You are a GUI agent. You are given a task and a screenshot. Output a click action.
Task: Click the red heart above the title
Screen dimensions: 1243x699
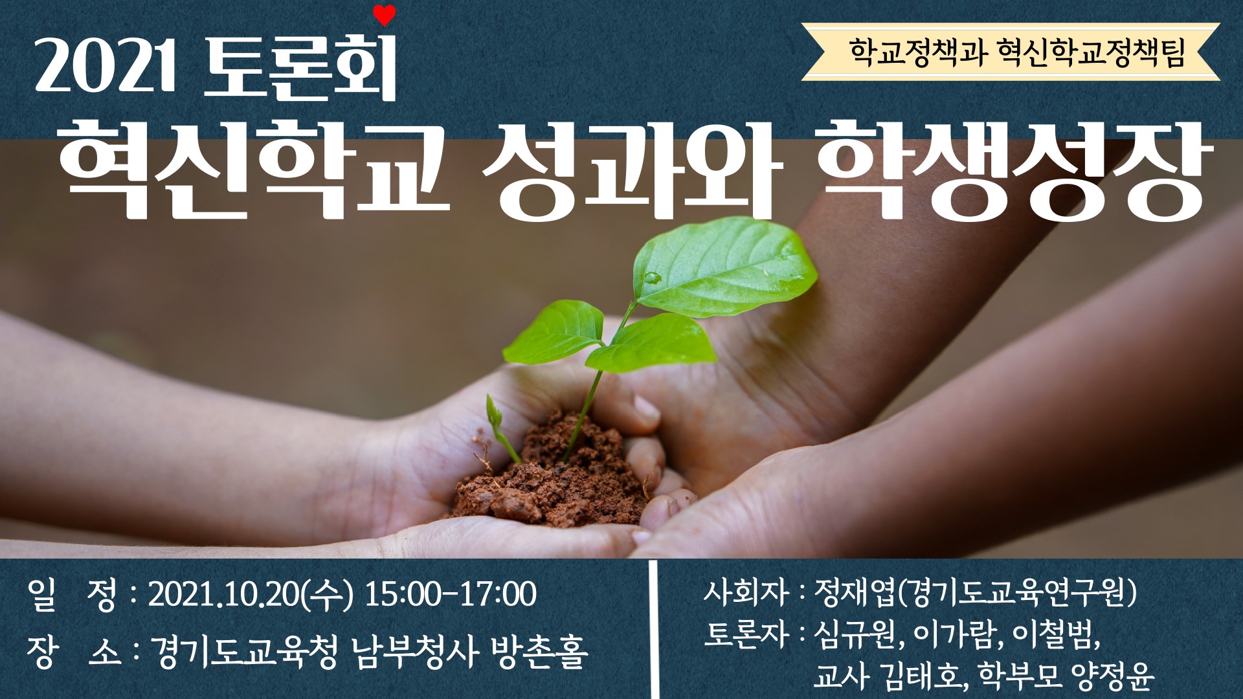point(385,15)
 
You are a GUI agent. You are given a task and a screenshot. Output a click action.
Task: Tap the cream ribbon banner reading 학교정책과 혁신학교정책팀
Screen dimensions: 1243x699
point(1011,52)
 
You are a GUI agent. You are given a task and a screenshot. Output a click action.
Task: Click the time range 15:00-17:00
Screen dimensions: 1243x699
point(451,594)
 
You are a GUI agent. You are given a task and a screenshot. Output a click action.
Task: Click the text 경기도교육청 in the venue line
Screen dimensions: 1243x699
point(243,651)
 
